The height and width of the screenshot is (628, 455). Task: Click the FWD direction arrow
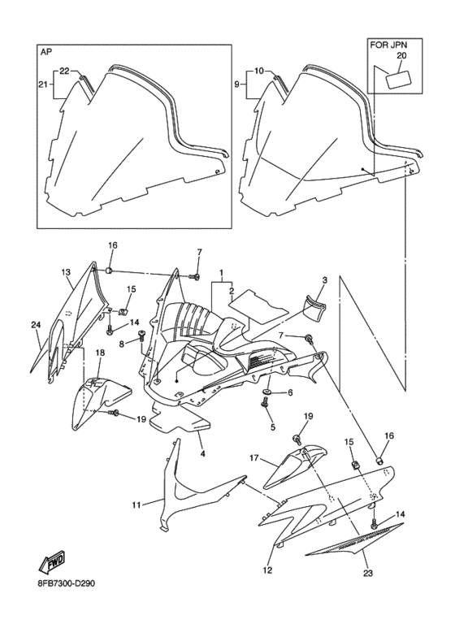tap(51, 563)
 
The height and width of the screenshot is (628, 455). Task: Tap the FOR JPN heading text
tap(388, 45)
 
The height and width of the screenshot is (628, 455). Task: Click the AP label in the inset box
tap(45, 53)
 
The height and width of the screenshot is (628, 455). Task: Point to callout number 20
tap(401, 56)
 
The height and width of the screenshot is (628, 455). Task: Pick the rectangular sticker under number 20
tap(399, 79)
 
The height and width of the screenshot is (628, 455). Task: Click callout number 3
tap(324, 280)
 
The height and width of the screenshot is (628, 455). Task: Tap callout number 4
tap(202, 454)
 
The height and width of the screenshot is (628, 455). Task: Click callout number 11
tap(136, 505)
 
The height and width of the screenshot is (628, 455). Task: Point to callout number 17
tap(255, 457)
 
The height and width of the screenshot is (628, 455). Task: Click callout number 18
tap(100, 353)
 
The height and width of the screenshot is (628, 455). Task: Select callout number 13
tap(66, 272)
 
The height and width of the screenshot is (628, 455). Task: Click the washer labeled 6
tap(266, 391)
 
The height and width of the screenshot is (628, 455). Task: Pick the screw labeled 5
tap(265, 402)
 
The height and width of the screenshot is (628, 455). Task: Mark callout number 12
tap(267, 570)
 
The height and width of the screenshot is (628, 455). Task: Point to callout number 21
tap(43, 84)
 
